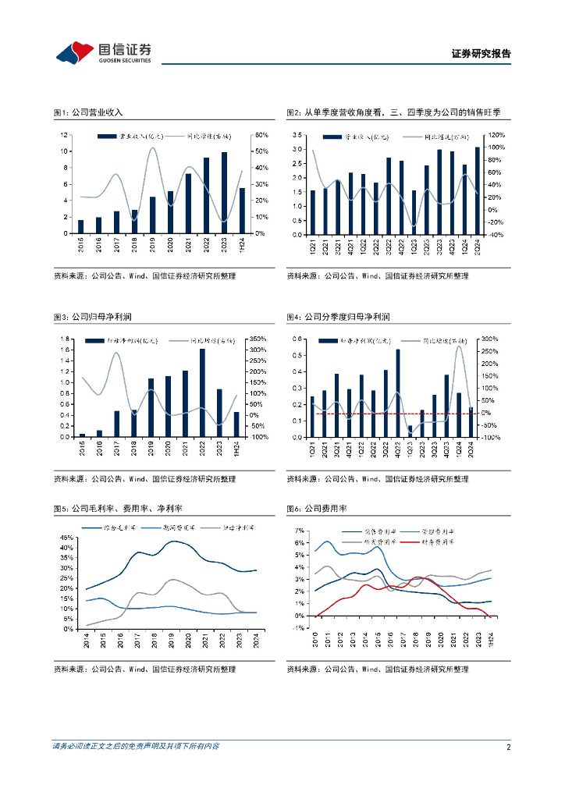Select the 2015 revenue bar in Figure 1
[81, 226]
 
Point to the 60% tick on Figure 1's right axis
[262, 135]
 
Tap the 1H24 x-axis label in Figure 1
[242, 245]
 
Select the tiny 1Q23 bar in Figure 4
[410, 431]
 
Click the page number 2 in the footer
[508, 747]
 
